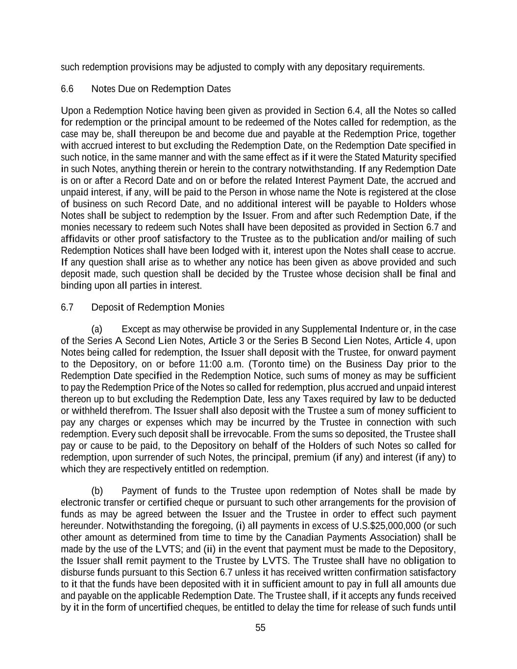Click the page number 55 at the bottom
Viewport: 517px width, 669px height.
[x=260, y=628]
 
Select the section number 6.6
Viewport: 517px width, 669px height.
[x=67, y=89]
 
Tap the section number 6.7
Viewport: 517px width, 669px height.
[x=67, y=307]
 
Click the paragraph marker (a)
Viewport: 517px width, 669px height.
[x=97, y=329]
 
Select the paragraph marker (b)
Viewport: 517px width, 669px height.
[x=97, y=491]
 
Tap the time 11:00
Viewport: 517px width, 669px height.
[x=222, y=364]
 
